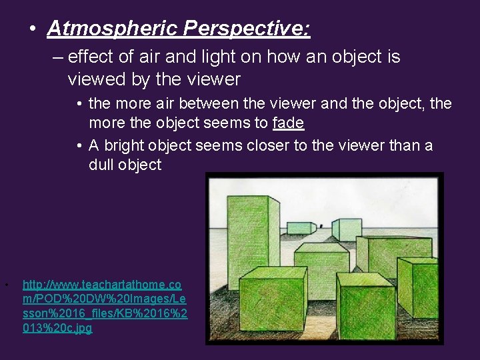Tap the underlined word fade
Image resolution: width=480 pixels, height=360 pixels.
point(288,123)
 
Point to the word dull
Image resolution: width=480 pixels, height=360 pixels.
point(103,165)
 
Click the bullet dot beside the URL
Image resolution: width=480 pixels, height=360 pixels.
point(6,285)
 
